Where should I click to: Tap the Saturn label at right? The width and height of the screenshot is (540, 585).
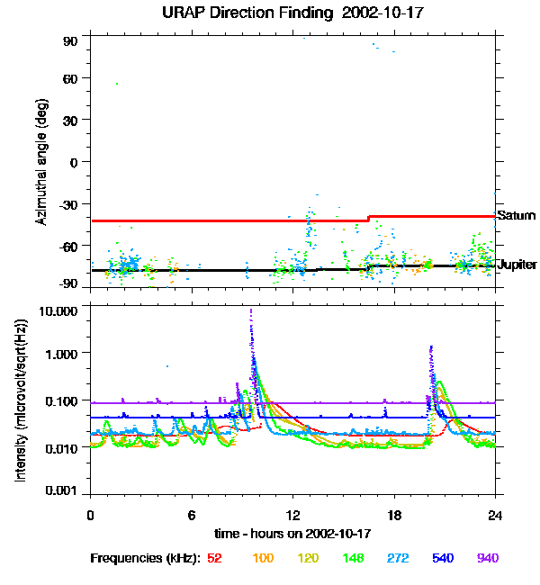pyautogui.click(x=517, y=216)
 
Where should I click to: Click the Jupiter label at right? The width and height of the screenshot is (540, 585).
pyautogui.click(x=517, y=265)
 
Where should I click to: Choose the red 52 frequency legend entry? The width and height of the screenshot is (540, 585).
pyautogui.click(x=214, y=559)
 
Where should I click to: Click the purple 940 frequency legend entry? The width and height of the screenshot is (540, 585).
pyautogui.click(x=488, y=559)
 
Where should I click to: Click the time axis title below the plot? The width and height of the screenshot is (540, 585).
pyautogui.click(x=292, y=534)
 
